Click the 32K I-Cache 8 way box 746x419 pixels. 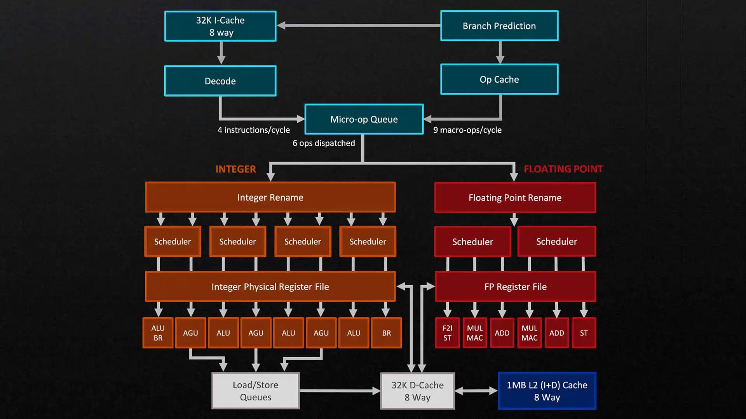(x=220, y=26)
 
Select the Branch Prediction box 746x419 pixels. (x=499, y=26)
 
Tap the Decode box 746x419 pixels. (x=220, y=81)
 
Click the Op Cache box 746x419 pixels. (x=499, y=80)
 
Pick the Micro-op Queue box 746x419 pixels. (x=364, y=119)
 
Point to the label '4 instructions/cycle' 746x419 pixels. (x=254, y=130)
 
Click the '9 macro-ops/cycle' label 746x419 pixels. (x=467, y=130)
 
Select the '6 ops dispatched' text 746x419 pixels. (x=324, y=143)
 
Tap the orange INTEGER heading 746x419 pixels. (x=235, y=169)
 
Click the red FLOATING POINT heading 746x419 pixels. (x=563, y=169)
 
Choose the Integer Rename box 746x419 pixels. (x=270, y=197)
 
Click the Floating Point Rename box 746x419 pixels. (x=515, y=198)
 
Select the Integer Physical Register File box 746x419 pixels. (x=270, y=287)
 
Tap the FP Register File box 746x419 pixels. (x=515, y=287)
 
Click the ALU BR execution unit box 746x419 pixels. (x=158, y=333)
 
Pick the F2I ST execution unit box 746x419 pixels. (x=447, y=333)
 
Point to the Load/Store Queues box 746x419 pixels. (x=256, y=391)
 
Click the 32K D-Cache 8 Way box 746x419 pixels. (x=417, y=391)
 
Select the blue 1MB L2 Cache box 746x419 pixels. (x=547, y=391)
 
